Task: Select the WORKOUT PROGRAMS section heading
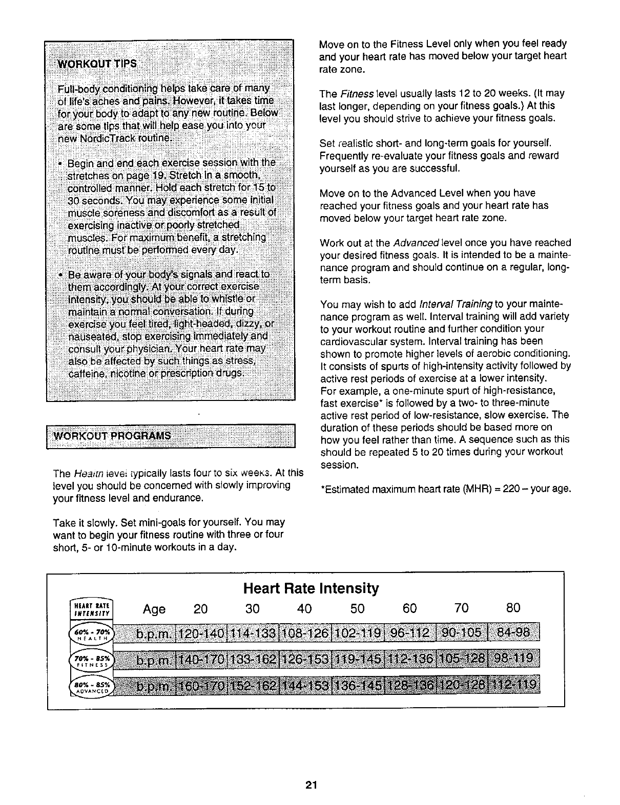(x=112, y=436)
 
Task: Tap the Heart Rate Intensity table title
(x=311, y=588)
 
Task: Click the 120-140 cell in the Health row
(x=203, y=633)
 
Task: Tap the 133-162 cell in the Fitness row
(x=255, y=658)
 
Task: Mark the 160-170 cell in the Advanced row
(x=203, y=686)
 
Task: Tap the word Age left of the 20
(x=154, y=609)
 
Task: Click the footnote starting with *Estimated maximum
(x=445, y=489)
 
